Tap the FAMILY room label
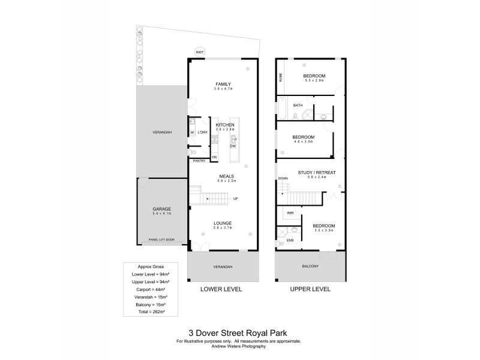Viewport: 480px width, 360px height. click(x=223, y=84)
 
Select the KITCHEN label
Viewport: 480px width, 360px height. click(x=224, y=124)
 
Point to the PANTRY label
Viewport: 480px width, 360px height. click(x=199, y=161)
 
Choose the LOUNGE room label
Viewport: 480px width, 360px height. click(x=223, y=223)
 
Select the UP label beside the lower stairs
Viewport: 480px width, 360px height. click(x=235, y=198)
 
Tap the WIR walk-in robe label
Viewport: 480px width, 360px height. click(x=290, y=213)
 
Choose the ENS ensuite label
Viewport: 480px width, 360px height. click(x=290, y=240)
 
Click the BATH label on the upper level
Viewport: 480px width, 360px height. click(x=298, y=105)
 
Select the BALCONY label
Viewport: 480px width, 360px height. click(x=310, y=266)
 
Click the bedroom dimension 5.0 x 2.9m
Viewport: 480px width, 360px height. click(x=314, y=80)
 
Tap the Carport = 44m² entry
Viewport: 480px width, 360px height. click(x=147, y=289)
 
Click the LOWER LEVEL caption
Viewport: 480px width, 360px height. click(x=221, y=289)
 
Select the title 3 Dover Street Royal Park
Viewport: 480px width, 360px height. click(x=238, y=330)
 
